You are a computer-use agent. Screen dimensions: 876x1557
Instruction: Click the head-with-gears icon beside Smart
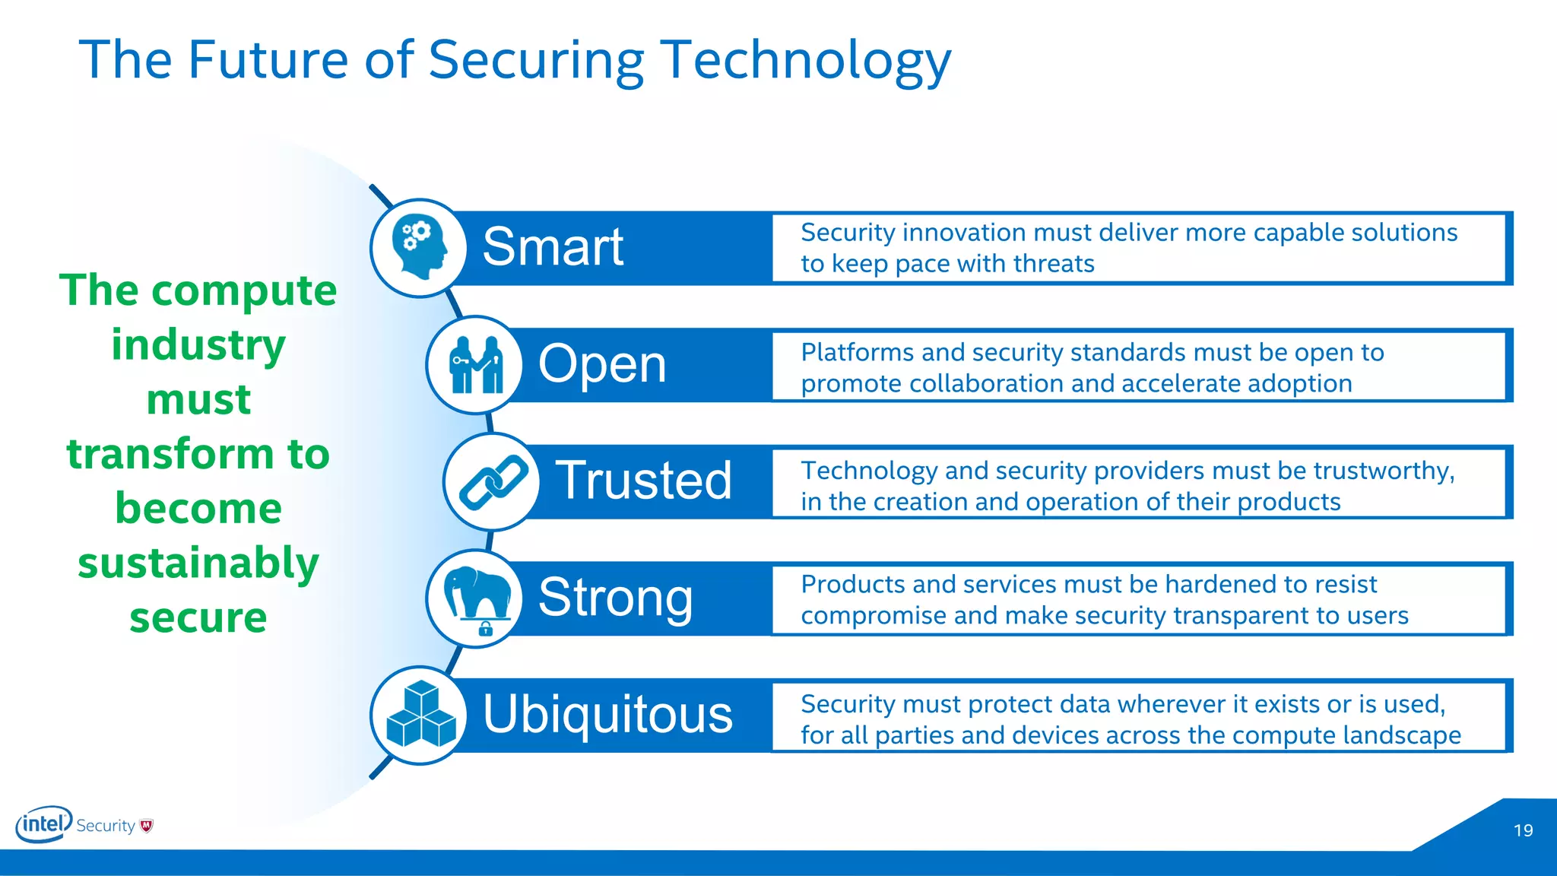(x=418, y=247)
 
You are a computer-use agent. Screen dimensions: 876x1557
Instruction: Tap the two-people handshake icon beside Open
(x=475, y=365)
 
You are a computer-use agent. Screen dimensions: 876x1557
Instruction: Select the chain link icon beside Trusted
(x=493, y=481)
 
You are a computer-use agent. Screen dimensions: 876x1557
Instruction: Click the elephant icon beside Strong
(x=475, y=597)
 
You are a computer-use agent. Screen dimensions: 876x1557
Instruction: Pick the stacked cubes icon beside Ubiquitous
(x=420, y=715)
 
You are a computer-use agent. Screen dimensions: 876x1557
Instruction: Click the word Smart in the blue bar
(x=553, y=247)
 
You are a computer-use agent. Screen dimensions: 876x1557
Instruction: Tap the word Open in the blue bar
(x=602, y=364)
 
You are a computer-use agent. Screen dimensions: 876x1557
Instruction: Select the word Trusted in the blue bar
(x=643, y=481)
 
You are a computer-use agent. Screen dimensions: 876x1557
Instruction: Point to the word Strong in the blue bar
(x=616, y=598)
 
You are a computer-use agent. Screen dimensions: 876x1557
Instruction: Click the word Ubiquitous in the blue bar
(x=607, y=714)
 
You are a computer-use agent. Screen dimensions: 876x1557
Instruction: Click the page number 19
(x=1523, y=830)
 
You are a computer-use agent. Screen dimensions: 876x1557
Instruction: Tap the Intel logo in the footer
(x=43, y=824)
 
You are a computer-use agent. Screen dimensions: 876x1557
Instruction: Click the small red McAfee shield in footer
(x=147, y=826)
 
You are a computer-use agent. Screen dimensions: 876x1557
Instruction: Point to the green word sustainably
(x=198, y=563)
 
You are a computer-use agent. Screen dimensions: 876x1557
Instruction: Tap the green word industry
(x=198, y=345)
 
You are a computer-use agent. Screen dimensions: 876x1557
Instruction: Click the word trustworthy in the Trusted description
(x=1383, y=471)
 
